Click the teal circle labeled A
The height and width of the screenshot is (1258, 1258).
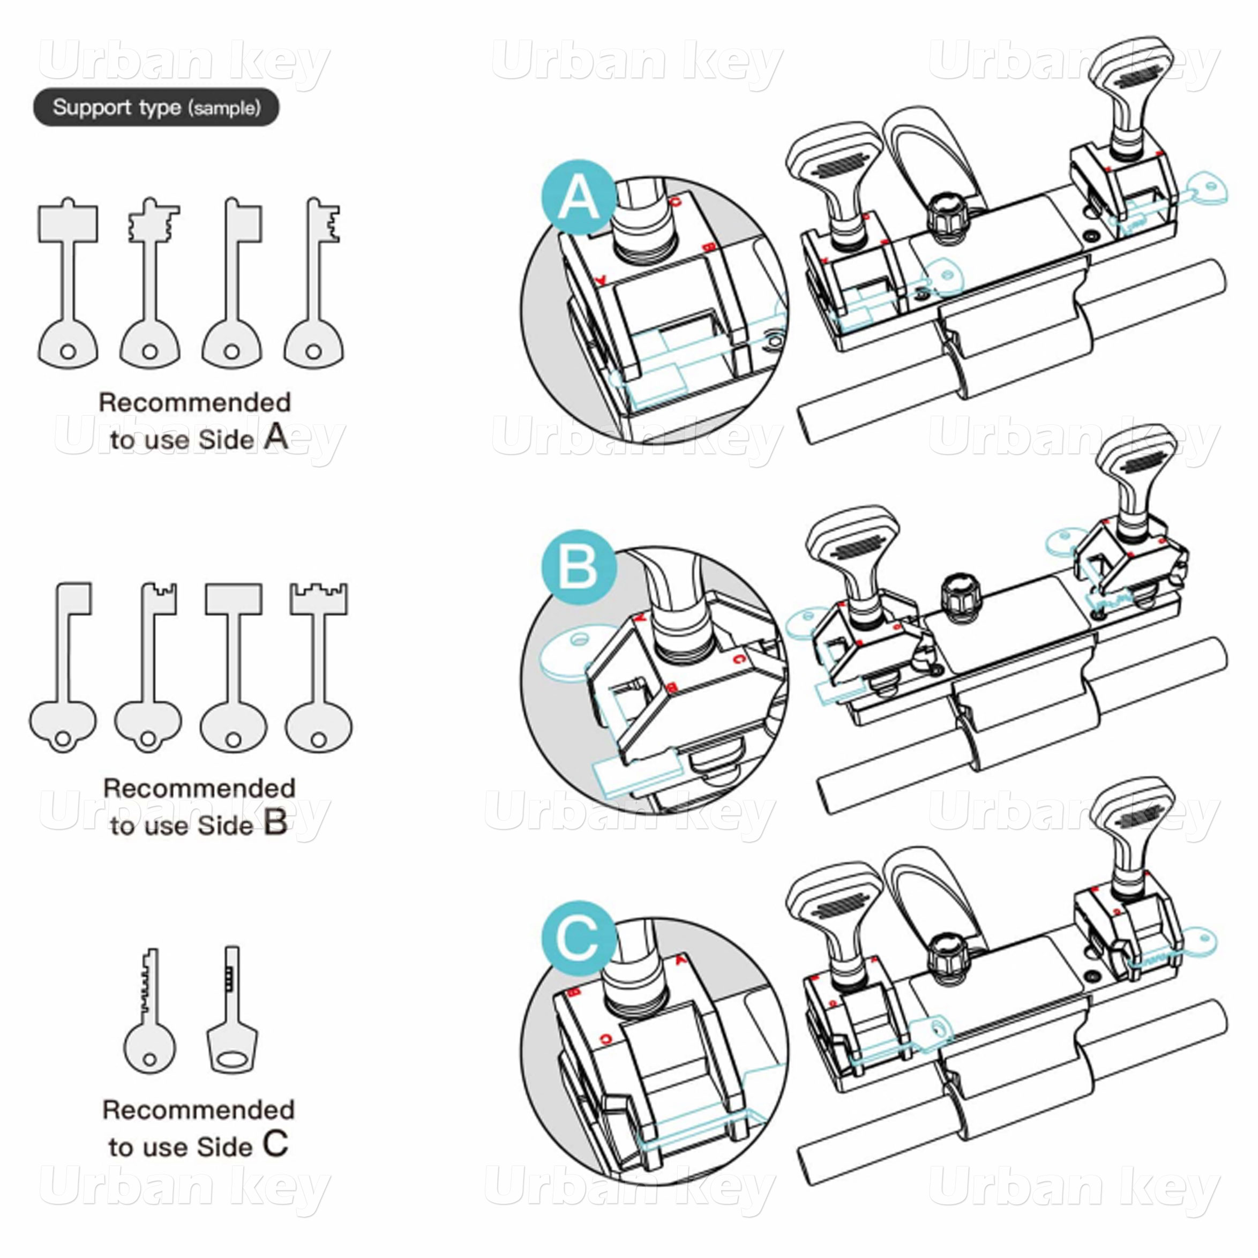click(578, 197)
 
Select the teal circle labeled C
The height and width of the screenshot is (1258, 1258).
click(578, 939)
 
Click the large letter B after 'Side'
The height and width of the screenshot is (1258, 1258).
click(276, 823)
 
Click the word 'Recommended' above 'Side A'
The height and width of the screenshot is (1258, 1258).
click(194, 402)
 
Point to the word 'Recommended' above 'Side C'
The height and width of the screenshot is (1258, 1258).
click(199, 1110)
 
